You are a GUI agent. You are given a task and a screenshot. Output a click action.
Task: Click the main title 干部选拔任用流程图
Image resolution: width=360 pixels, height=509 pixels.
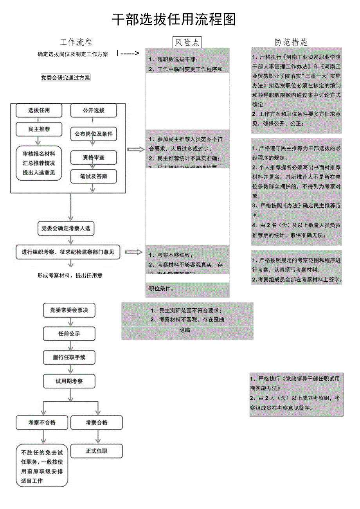tap(174, 20)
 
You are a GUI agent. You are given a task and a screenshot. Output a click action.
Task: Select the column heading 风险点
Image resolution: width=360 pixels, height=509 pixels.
tap(187, 42)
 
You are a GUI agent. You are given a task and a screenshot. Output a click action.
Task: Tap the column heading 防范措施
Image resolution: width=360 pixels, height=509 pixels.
tap(291, 42)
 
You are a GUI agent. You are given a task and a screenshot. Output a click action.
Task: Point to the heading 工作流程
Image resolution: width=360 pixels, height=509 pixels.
tap(76, 42)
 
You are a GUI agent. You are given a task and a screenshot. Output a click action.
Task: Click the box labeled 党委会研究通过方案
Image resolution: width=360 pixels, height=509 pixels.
tap(65, 78)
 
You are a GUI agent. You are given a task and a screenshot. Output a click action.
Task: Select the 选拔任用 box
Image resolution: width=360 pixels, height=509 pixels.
tap(39, 110)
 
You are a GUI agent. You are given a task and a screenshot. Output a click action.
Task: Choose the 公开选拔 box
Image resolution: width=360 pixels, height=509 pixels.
tap(94, 110)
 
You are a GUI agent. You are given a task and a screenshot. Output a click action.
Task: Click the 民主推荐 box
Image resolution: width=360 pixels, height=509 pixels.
tap(39, 129)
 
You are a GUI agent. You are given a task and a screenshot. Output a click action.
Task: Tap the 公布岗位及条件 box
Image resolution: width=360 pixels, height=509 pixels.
tap(94, 134)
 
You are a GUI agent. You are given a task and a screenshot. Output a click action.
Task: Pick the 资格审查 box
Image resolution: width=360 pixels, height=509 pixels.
tap(94, 157)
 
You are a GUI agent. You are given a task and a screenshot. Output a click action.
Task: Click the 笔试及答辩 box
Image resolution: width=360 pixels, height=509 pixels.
tap(94, 176)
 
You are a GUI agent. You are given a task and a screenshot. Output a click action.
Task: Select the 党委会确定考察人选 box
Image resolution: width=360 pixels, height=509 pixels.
tap(66, 228)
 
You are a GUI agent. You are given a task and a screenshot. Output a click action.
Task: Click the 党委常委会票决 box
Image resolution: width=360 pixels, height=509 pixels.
tap(69, 310)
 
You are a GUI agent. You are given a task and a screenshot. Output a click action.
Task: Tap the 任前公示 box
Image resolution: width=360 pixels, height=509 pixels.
tap(69, 334)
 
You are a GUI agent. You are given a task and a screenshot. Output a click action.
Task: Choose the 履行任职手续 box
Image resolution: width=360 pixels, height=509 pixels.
tap(69, 357)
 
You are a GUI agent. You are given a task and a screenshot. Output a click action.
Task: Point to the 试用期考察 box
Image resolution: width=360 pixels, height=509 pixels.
tap(69, 381)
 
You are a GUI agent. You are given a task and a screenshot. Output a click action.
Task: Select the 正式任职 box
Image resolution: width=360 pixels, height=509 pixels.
tap(96, 451)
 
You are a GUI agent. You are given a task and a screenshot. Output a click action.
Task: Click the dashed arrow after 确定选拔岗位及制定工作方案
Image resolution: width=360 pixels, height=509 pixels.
tap(128, 54)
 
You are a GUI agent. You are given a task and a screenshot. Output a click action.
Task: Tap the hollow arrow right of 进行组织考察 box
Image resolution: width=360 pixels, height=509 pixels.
tap(134, 252)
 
